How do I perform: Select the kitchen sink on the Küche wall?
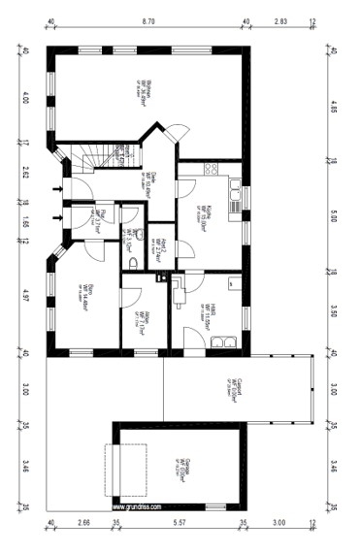[235, 196]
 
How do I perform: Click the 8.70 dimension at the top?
[147, 19]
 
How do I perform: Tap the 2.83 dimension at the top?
[280, 19]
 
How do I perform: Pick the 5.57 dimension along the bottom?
[180, 523]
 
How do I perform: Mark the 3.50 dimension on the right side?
[333, 312]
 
